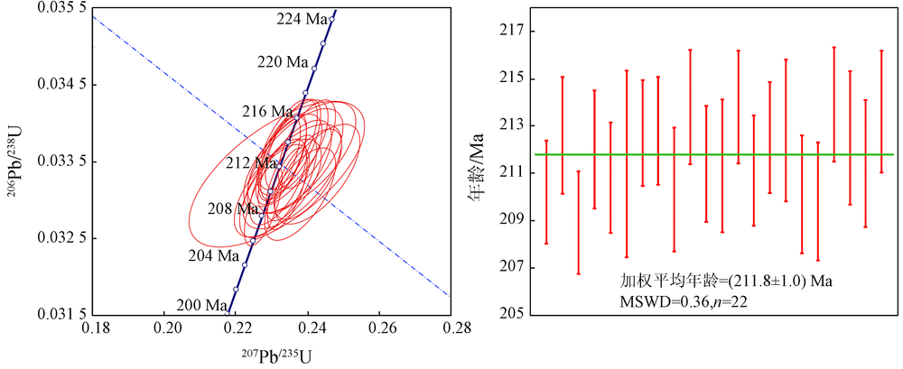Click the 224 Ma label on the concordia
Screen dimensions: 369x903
click(x=302, y=20)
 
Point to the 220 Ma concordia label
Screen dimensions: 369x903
click(x=284, y=62)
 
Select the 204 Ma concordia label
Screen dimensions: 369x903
click(x=215, y=255)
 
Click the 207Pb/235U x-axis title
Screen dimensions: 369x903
click(x=275, y=355)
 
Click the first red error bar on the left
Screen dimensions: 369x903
click(x=546, y=191)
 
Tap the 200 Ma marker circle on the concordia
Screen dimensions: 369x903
click(x=236, y=289)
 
